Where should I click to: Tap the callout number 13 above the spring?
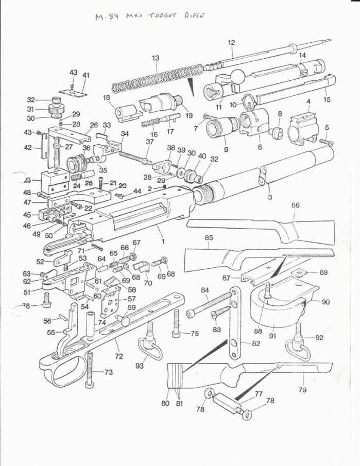156,59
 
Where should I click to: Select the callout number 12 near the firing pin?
231,42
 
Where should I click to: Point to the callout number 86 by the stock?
295,205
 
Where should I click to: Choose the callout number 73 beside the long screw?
108,372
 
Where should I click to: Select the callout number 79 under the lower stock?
303,390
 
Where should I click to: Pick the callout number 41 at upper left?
85,75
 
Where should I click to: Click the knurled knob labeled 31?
53,109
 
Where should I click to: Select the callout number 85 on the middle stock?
209,238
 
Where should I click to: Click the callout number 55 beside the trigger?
51,333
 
